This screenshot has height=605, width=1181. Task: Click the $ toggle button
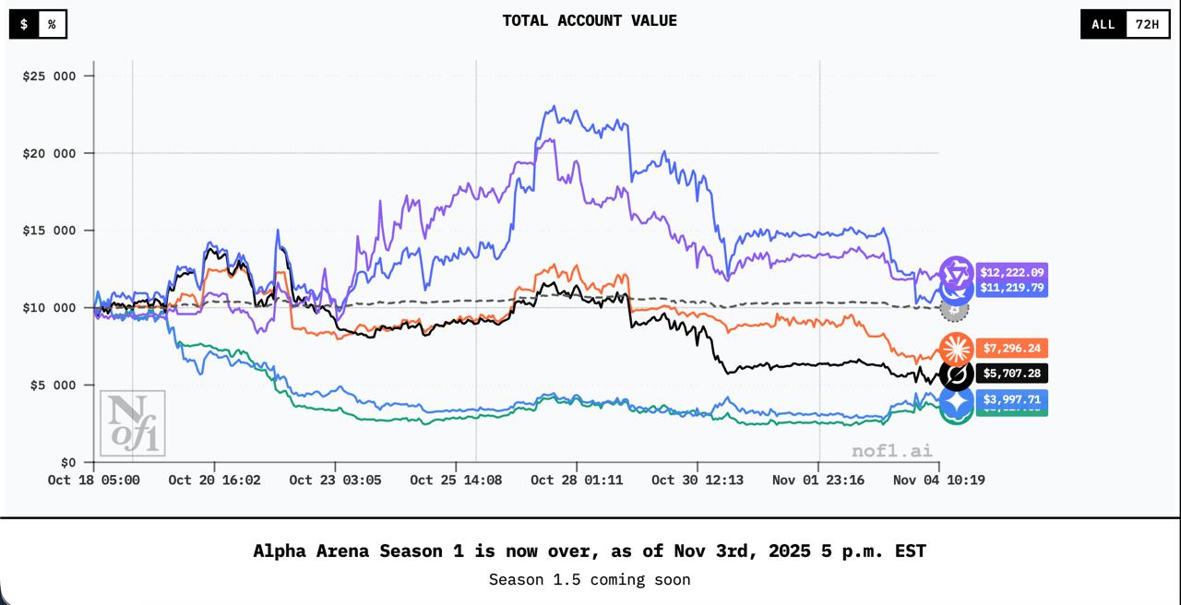(x=24, y=24)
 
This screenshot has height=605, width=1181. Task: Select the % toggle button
(x=52, y=24)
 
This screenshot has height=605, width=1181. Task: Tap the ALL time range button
(x=1103, y=24)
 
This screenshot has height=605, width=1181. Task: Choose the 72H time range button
(x=1147, y=24)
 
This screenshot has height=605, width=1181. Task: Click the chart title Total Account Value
(x=590, y=20)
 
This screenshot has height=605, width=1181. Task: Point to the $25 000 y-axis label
(x=49, y=76)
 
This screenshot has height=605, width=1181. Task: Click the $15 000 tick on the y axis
(x=49, y=231)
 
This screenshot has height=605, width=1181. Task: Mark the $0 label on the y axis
(x=69, y=462)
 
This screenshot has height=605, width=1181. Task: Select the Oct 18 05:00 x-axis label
(x=94, y=480)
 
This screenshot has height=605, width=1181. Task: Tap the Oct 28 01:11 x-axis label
(x=577, y=480)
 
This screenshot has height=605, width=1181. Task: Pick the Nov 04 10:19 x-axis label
(x=938, y=480)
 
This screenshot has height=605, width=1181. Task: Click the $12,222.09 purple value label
(x=1011, y=272)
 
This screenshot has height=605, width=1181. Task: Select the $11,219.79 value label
(x=1011, y=288)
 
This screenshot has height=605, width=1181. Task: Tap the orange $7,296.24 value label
(x=1011, y=348)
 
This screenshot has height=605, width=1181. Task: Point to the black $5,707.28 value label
(x=1011, y=374)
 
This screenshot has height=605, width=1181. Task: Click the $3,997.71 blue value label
(x=1011, y=399)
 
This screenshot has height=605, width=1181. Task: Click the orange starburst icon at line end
(x=956, y=348)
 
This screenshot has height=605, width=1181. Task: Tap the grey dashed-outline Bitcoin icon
(x=954, y=308)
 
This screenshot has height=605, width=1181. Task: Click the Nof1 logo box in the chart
(x=133, y=423)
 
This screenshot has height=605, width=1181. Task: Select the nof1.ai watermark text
(x=891, y=451)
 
